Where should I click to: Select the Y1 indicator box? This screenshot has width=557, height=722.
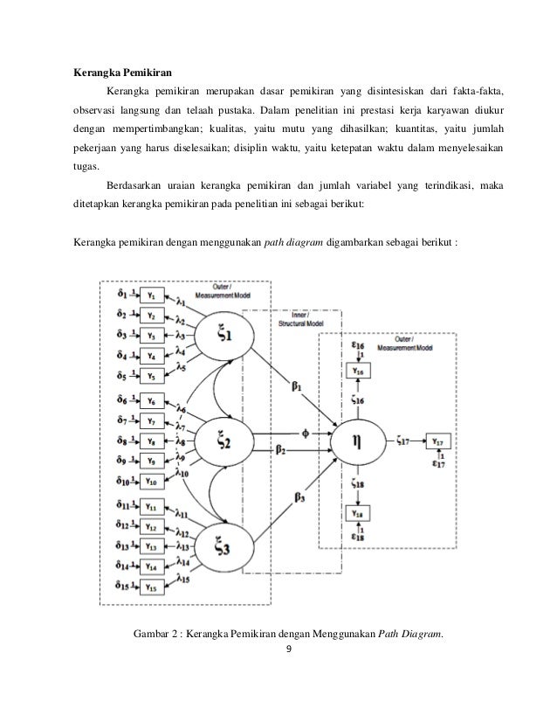(152, 297)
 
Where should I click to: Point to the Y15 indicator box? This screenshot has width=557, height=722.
(152, 587)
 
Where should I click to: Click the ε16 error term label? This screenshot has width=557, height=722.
(359, 347)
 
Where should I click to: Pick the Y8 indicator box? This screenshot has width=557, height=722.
(152, 441)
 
